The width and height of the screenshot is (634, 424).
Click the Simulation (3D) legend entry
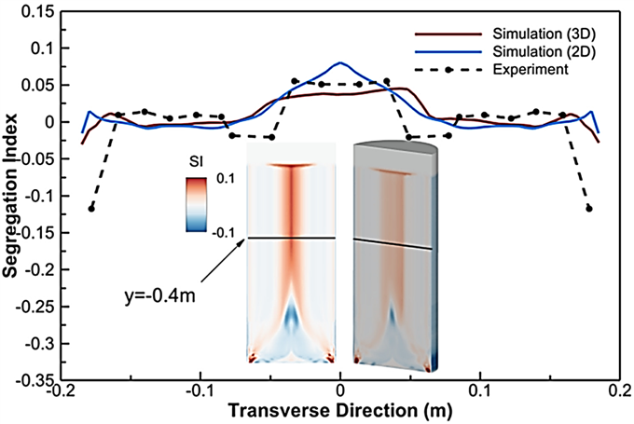click(544, 34)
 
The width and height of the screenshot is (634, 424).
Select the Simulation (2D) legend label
click(544, 52)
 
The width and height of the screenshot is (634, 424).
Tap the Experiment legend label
click(531, 70)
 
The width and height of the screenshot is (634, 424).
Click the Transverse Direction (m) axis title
click(340, 412)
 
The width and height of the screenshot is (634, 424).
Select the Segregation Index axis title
click(10, 195)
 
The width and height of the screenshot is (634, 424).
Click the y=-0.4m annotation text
click(159, 296)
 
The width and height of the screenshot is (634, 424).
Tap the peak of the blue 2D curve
click(340, 62)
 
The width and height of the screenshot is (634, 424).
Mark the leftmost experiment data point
click(91, 209)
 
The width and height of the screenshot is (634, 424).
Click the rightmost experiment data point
click(589, 209)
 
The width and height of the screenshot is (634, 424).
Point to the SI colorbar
click(196, 204)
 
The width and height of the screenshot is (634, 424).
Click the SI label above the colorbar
click(196, 162)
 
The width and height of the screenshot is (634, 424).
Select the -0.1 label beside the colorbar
click(223, 233)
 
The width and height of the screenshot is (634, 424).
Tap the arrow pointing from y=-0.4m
click(223, 259)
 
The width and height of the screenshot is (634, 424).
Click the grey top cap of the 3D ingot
click(395, 148)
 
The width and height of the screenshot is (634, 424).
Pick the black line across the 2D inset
click(292, 238)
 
